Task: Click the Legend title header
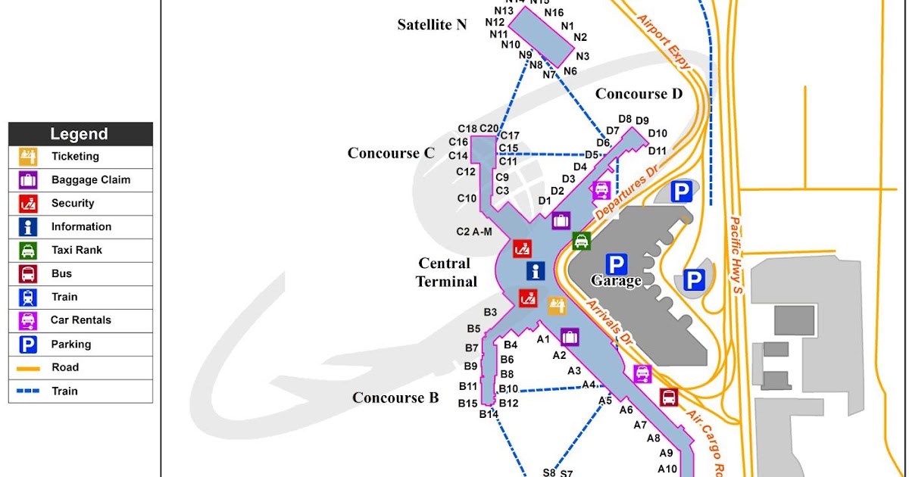point(80,134)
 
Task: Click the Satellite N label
point(432,25)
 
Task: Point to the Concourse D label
point(639,94)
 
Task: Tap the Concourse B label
point(395,398)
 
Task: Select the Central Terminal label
point(446,273)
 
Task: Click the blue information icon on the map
point(536,271)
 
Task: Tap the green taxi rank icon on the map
point(581,241)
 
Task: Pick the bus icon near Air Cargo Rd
point(668,397)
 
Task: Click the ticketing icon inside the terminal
point(558,305)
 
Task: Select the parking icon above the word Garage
point(617,264)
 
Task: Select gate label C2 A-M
point(474,232)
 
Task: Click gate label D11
point(657,151)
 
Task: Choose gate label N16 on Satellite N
point(554,13)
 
